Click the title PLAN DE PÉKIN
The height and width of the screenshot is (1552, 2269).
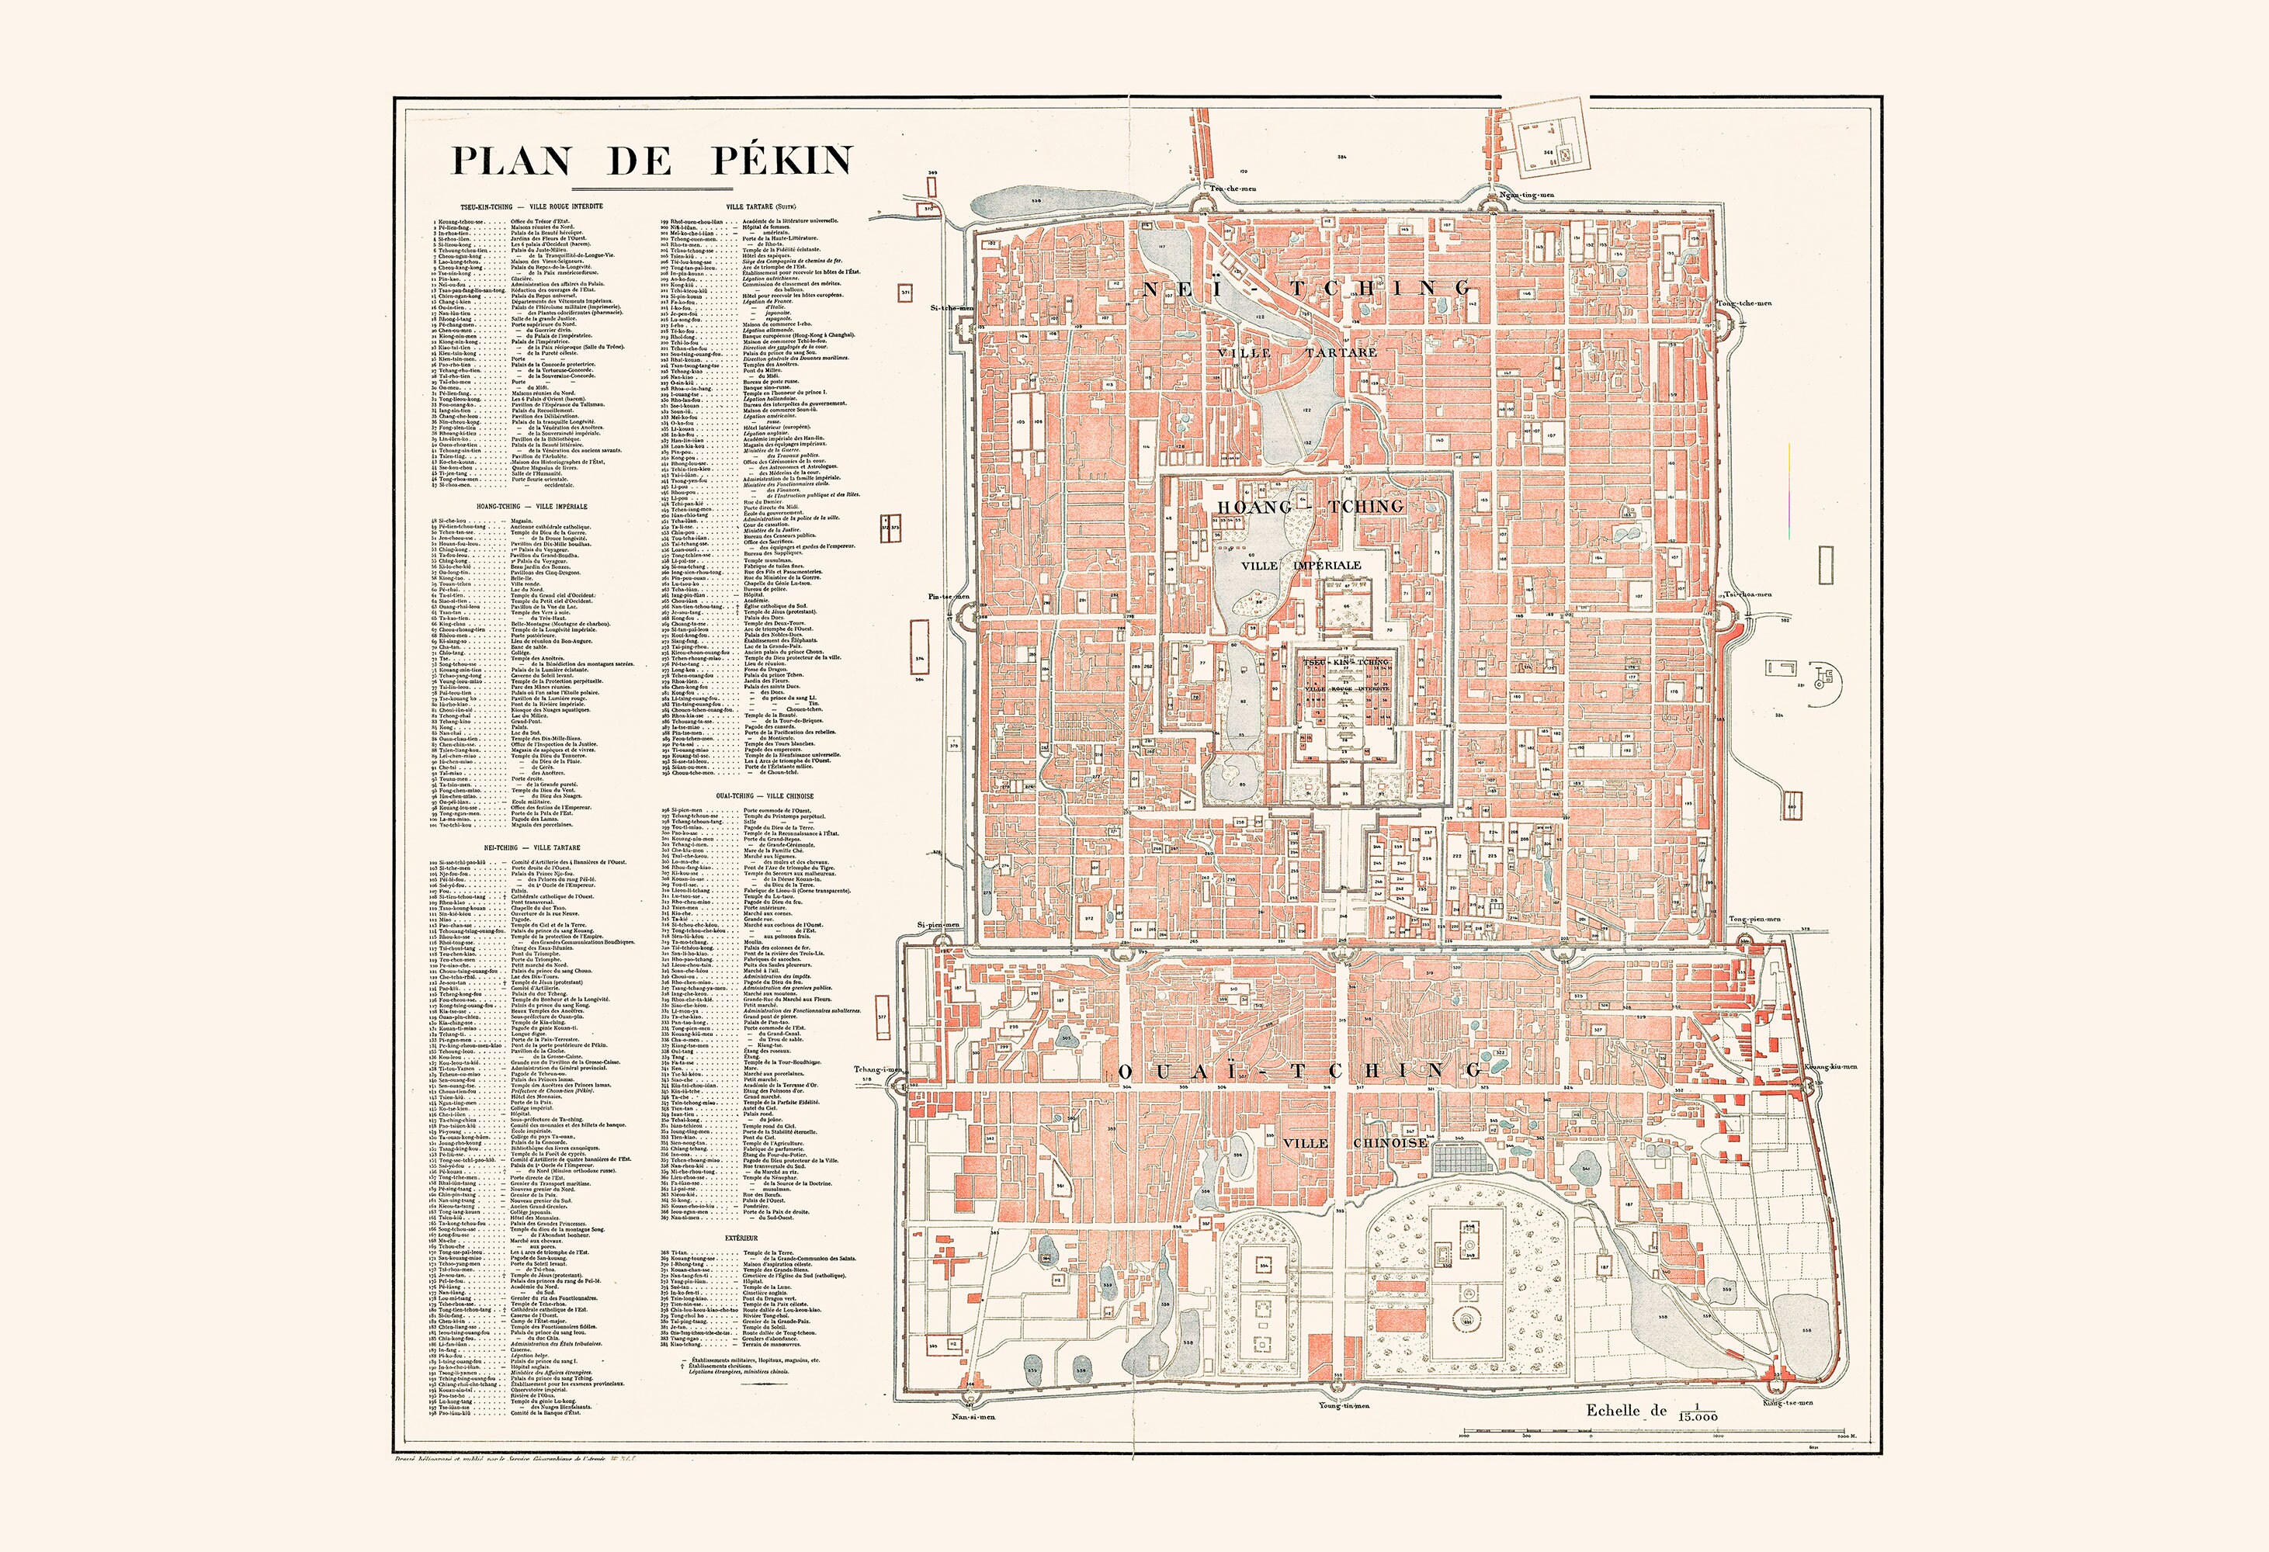point(651,160)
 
